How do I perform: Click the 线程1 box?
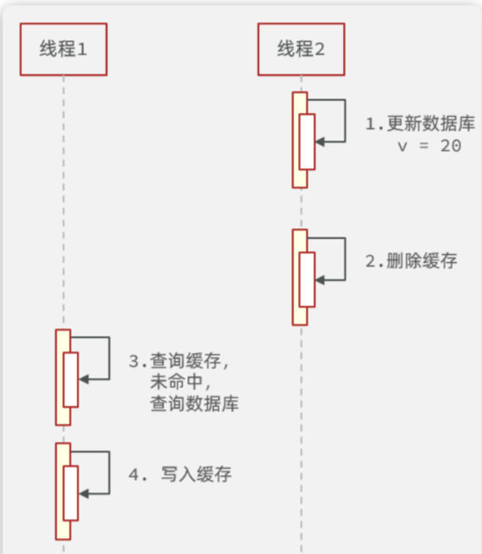point(63,50)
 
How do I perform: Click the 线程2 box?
point(301,50)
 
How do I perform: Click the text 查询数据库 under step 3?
point(194,404)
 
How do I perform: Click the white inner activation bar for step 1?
point(307,142)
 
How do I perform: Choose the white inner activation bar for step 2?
point(307,279)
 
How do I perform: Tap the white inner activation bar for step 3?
point(71,379)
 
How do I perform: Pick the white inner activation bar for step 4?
point(71,493)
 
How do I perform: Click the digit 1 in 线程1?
point(82,50)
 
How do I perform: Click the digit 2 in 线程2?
point(319,50)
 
